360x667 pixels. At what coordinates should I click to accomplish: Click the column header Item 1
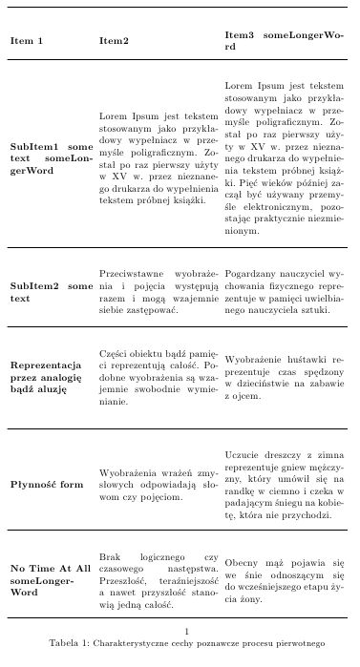26,41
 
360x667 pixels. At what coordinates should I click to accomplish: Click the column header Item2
114,41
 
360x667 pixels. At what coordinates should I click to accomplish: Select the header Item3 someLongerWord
284,40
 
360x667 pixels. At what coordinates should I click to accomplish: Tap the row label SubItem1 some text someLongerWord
51,158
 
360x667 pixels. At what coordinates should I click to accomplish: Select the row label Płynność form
47,485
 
